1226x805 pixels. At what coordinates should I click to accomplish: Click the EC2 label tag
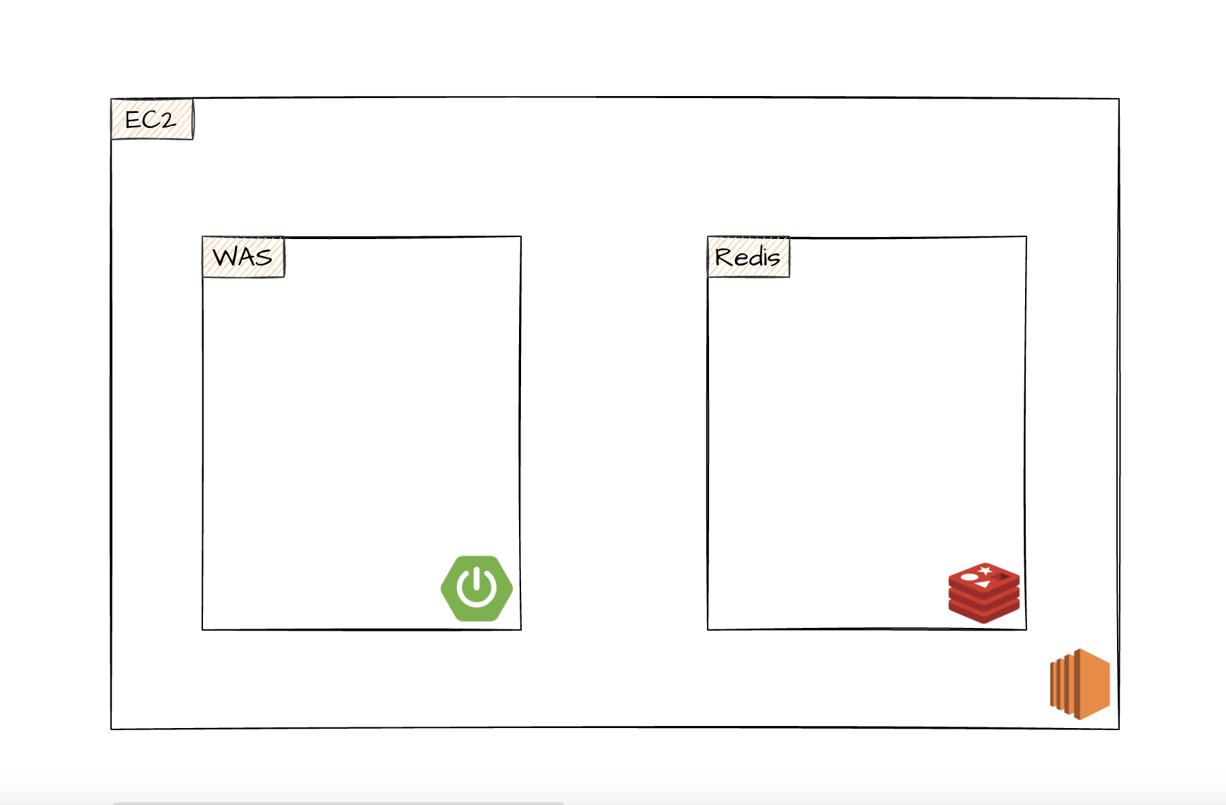coord(152,120)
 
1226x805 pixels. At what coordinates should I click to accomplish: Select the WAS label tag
coord(243,257)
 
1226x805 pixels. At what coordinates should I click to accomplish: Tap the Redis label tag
coord(749,257)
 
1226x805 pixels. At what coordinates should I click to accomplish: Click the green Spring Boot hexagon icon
coord(477,588)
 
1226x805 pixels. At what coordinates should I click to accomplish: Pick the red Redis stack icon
coord(984,593)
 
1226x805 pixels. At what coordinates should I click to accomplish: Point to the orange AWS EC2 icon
coord(1080,684)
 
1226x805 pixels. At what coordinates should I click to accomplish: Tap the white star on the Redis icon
coord(985,570)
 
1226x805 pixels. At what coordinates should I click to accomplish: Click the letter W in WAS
coord(225,257)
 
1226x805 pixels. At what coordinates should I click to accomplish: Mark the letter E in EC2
coord(133,121)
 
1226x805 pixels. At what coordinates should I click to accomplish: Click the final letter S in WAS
coord(264,257)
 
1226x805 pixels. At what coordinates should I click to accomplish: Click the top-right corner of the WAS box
coord(521,237)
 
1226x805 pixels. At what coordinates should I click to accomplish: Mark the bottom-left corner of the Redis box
coord(708,629)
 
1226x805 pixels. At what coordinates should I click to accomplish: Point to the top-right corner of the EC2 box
coord(1118,99)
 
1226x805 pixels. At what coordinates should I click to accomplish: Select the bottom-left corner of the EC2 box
coord(112,729)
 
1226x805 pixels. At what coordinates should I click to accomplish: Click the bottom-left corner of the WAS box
coord(203,629)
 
